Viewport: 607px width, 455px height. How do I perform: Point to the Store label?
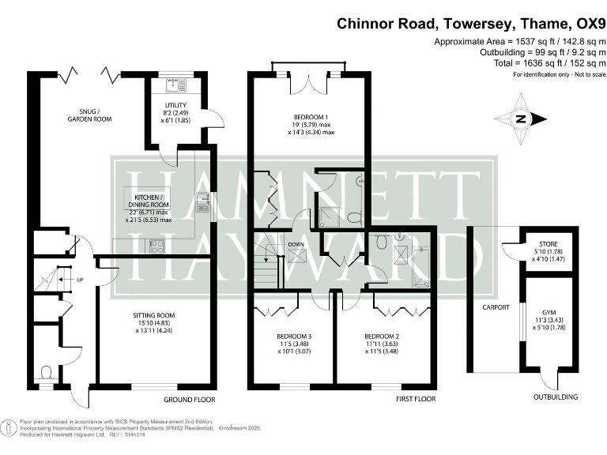[548, 244]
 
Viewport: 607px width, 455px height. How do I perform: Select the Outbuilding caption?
[554, 397]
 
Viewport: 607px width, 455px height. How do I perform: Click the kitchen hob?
[154, 245]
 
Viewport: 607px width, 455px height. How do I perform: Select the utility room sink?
[174, 84]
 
